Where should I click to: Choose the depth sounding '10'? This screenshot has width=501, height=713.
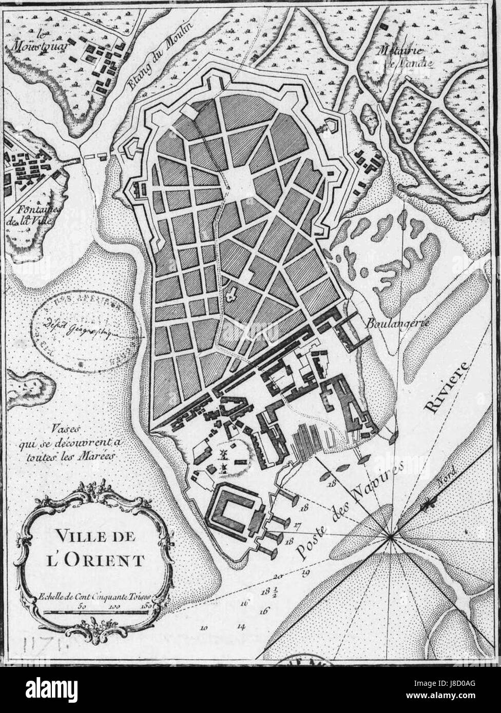tap(204, 627)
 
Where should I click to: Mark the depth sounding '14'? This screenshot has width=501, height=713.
tap(241, 626)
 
